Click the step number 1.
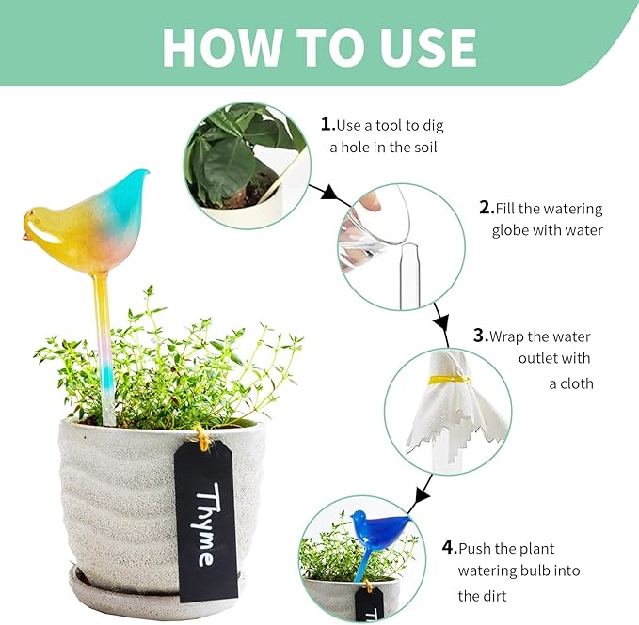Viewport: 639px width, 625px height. (x=327, y=124)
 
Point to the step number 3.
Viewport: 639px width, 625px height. (x=479, y=336)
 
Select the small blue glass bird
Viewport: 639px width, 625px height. (x=376, y=531)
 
